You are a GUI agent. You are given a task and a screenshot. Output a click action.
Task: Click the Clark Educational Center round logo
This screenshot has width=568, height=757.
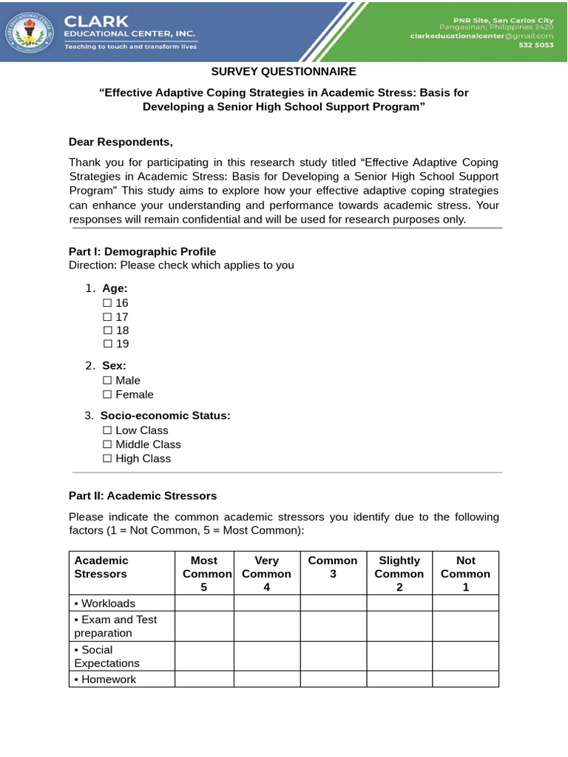pyautogui.click(x=29, y=30)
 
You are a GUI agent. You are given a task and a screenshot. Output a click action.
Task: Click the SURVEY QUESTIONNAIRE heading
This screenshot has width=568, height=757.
pyautogui.click(x=284, y=72)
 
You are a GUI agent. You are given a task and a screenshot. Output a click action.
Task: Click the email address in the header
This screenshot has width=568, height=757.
pyautogui.click(x=483, y=35)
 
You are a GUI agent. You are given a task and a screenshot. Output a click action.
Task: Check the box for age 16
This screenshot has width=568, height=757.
pyautogui.click(x=107, y=303)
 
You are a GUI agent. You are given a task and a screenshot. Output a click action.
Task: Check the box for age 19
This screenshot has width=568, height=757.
pyautogui.click(x=107, y=344)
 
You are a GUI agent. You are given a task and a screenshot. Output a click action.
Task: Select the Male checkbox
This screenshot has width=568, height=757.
pyautogui.click(x=107, y=381)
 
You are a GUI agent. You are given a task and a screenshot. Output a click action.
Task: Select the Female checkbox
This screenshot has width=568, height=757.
pyautogui.click(x=107, y=395)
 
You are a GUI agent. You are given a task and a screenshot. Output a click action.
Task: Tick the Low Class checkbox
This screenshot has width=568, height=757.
pyautogui.click(x=107, y=430)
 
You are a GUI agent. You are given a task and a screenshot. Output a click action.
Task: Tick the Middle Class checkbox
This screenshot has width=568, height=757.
pyautogui.click(x=107, y=444)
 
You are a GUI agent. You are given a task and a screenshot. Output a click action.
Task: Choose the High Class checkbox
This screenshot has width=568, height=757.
pyautogui.click(x=107, y=458)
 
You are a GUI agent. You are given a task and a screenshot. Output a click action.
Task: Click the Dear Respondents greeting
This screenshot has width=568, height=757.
pyautogui.click(x=121, y=142)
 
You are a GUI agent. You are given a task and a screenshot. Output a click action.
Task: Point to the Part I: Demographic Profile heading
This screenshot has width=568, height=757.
pyautogui.click(x=142, y=251)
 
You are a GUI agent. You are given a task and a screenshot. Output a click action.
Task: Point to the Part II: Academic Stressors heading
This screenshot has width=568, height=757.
pyautogui.click(x=143, y=495)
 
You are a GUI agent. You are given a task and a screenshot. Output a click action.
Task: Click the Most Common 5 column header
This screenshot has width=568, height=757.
pyautogui.click(x=204, y=574)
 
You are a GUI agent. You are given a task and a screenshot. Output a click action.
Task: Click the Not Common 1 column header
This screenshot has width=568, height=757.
pyautogui.click(x=465, y=574)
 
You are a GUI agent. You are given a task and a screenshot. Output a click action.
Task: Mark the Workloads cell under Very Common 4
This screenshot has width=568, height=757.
pyautogui.click(x=267, y=603)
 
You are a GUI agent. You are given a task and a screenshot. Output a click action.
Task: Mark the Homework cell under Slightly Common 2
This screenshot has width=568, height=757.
pyautogui.click(x=399, y=679)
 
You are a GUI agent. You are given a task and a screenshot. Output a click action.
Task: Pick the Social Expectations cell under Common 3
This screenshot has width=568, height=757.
pyautogui.click(x=333, y=656)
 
